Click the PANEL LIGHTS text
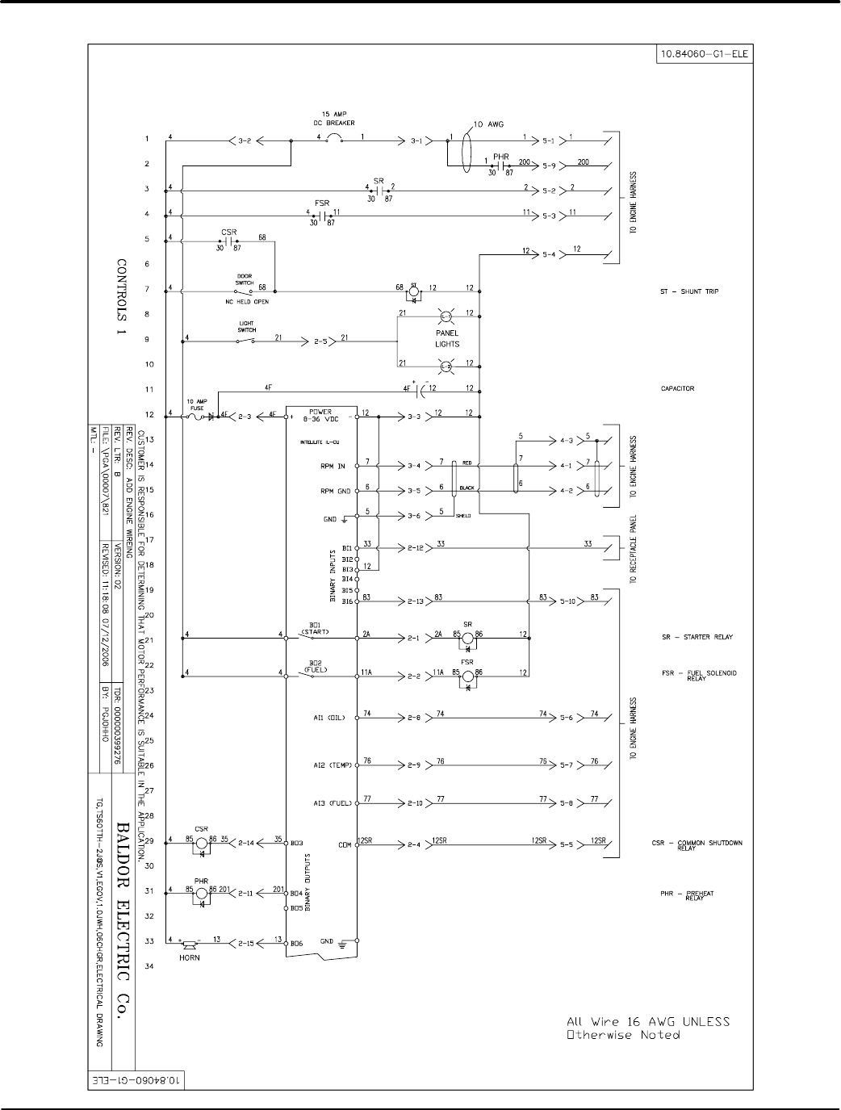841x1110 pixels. coord(447,338)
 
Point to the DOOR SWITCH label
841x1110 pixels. coord(244,279)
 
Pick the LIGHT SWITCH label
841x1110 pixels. coord(247,328)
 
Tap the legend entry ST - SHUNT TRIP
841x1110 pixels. coord(688,291)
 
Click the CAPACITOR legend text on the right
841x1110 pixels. coord(677,388)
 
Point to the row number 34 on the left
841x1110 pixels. coord(147,966)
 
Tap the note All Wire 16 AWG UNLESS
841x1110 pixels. coord(645,1021)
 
